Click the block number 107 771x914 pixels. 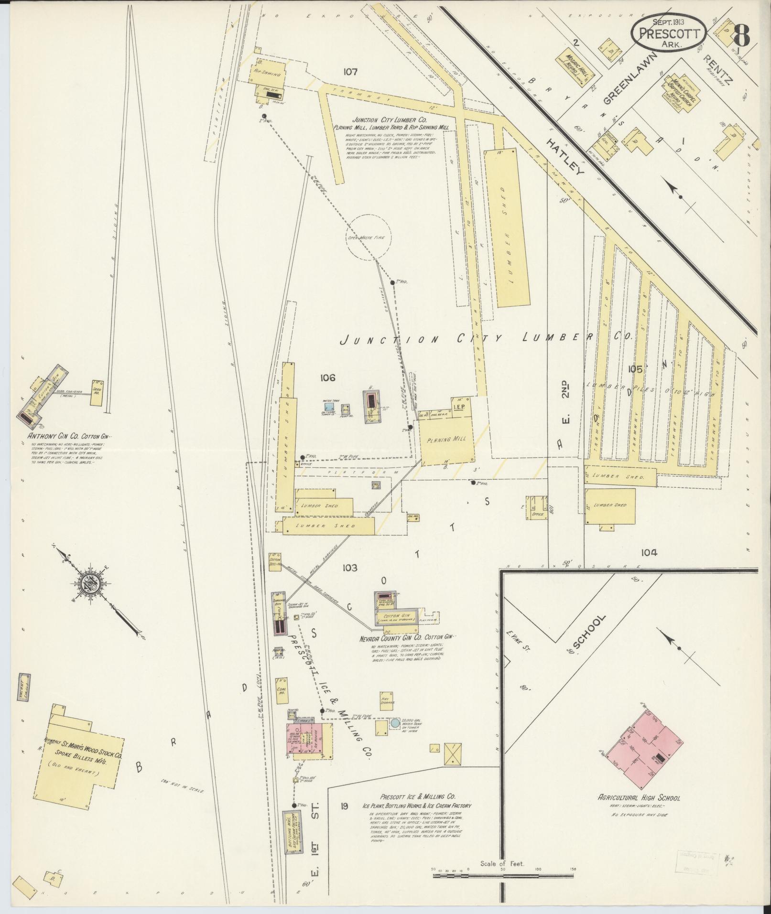[x=350, y=72]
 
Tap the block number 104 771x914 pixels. [x=649, y=553]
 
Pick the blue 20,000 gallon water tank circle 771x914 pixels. [x=395, y=736]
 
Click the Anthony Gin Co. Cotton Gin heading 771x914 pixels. [x=66, y=436]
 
